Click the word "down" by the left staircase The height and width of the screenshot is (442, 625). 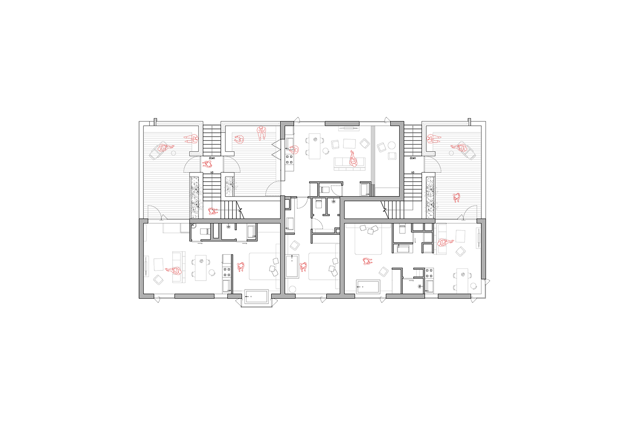point(212,158)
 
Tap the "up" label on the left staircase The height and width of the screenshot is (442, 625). point(212,172)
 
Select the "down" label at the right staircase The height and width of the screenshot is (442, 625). point(412,158)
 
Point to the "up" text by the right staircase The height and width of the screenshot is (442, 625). point(412,172)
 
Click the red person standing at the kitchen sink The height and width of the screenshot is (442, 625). point(294,150)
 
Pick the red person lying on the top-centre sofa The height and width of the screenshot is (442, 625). point(353,159)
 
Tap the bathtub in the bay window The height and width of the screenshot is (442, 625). point(256,297)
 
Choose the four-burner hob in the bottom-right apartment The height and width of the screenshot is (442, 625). point(429,273)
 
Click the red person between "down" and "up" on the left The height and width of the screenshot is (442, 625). point(207,164)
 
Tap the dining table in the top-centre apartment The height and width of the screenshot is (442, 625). point(314,146)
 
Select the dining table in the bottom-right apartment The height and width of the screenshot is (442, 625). point(462,281)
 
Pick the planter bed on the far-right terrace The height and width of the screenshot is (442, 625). point(430,197)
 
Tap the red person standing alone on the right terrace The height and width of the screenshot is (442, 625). point(457,198)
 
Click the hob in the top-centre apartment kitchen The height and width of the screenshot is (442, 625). point(289,159)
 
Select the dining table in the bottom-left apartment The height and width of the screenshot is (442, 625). point(201,267)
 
